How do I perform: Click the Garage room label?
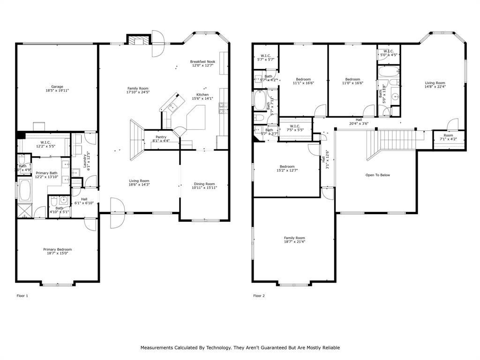pyautogui.click(x=57, y=87)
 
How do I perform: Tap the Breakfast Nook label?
pyautogui.click(x=202, y=61)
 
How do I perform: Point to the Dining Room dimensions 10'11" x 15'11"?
pyautogui.click(x=204, y=187)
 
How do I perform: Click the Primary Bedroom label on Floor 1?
pyautogui.click(x=57, y=249)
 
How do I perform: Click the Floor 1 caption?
pyautogui.click(x=22, y=296)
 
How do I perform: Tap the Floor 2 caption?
pyautogui.click(x=259, y=296)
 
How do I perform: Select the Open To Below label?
pyautogui.click(x=377, y=175)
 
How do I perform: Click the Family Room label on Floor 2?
pyautogui.click(x=294, y=238)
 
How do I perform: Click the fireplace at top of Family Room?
pyautogui.click(x=139, y=41)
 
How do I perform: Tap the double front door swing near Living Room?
pyautogui.click(x=117, y=213)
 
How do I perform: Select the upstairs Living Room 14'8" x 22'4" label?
pyautogui.click(x=435, y=83)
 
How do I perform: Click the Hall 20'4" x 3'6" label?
pyautogui.click(x=359, y=120)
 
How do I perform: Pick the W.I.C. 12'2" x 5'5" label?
pyautogui.click(x=45, y=142)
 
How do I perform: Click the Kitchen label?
pyautogui.click(x=202, y=95)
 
